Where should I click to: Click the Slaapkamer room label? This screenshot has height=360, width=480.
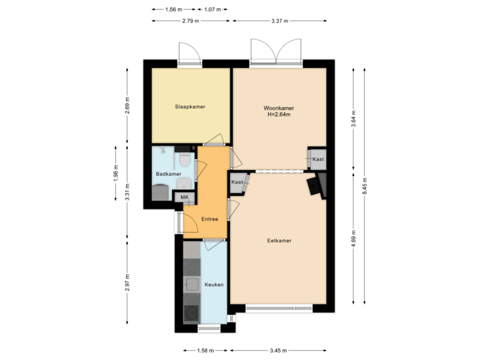[x=190, y=107]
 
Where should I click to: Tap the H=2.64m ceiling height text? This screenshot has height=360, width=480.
[x=279, y=114]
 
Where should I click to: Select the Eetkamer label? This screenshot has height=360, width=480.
[x=279, y=241]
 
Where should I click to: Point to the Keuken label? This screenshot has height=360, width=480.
[x=213, y=285]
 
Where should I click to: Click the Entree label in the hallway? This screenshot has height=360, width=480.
[x=210, y=219]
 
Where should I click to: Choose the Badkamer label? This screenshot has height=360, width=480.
[x=169, y=174]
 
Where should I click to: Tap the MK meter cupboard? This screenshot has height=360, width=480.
[x=185, y=197]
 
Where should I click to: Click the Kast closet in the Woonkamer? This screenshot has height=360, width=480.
[x=317, y=159]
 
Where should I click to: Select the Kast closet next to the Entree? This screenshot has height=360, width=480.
[x=237, y=182]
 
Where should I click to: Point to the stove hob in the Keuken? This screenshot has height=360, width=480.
[x=192, y=312]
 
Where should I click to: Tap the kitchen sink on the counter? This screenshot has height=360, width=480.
[x=192, y=285]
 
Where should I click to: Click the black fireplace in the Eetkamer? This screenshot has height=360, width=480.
[x=315, y=185]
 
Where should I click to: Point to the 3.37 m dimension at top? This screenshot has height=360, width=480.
[x=279, y=21]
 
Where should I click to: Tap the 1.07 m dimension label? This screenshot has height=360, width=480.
[x=213, y=9]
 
